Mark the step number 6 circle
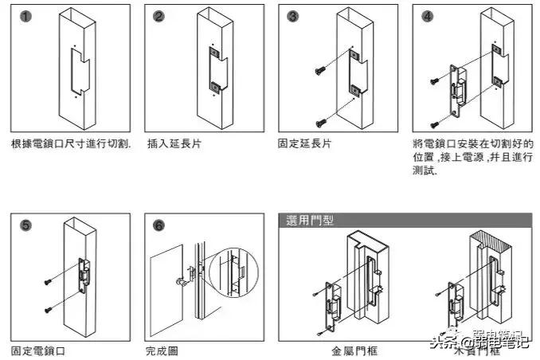158,226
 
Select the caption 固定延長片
304,144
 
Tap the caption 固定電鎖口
37,350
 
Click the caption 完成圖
162,350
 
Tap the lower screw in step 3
321,122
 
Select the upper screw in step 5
49,281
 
